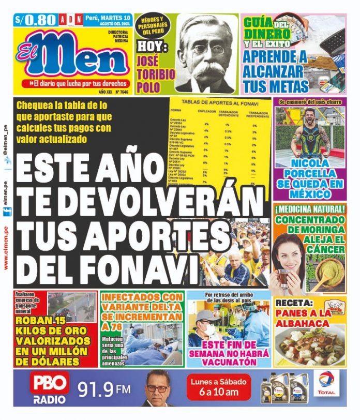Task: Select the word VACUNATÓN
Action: (x=230, y=362)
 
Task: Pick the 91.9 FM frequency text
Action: (x=104, y=388)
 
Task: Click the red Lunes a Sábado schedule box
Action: (x=219, y=386)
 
